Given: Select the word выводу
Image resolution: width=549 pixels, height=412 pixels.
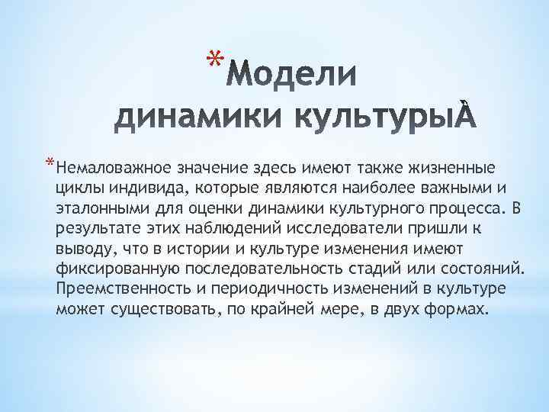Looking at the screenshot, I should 79,249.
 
